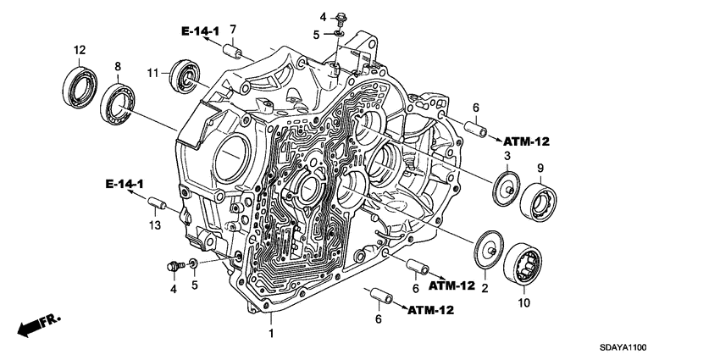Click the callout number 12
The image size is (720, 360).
pos(79,50)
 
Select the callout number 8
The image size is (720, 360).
pos(118,66)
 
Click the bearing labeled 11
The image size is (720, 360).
pos(184,74)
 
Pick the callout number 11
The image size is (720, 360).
pos(154,75)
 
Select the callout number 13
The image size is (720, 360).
pos(153,224)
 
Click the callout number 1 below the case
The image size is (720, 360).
pos(271,334)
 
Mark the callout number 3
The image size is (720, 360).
pos(507,158)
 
